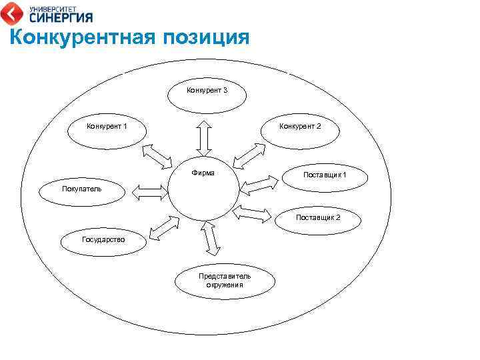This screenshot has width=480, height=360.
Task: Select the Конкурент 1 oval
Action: (x=107, y=125)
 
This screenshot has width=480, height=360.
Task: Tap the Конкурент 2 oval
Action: (x=300, y=125)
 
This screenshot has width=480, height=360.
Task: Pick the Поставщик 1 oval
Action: (x=325, y=175)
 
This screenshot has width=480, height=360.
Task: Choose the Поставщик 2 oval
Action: (x=318, y=219)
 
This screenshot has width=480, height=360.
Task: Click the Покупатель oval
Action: (x=81, y=189)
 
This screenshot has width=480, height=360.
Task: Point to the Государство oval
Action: (x=103, y=239)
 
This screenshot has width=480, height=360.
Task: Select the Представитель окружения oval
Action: (x=225, y=280)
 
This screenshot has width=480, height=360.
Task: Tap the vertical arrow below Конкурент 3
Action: (x=205, y=138)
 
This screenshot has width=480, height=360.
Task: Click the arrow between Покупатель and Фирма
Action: (x=150, y=192)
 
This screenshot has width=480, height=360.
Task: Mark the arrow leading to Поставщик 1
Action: (x=258, y=185)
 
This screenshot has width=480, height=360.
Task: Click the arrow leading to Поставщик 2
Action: (x=255, y=215)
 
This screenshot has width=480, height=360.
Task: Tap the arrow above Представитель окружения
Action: (x=210, y=239)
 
